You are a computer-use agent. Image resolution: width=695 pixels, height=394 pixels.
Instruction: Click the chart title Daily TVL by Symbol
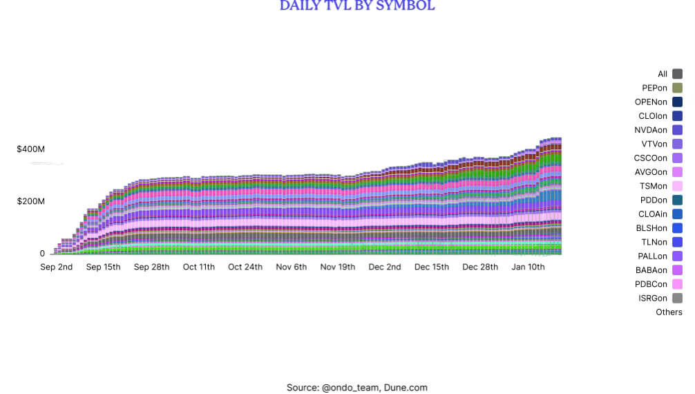[x=357, y=6]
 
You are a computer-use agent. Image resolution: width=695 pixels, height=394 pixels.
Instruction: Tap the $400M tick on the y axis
[x=31, y=149]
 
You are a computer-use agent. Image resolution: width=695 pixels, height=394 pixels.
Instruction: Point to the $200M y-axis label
[x=31, y=202]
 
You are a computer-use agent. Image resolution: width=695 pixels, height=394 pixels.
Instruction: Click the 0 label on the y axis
[x=42, y=254]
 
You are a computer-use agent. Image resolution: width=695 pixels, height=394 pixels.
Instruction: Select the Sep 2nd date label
[x=57, y=267]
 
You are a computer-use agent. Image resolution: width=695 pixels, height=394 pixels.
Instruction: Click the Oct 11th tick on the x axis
[x=198, y=267]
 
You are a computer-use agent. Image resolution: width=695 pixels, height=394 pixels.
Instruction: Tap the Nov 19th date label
[x=338, y=267]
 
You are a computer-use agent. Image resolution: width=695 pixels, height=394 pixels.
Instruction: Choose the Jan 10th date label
[x=529, y=267]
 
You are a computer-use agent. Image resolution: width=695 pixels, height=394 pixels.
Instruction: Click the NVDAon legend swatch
[x=677, y=130]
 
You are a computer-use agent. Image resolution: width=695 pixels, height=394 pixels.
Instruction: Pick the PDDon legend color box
[x=677, y=200]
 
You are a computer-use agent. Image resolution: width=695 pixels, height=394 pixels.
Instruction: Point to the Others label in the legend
[x=669, y=312]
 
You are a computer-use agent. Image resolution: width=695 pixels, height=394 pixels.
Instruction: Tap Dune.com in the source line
[x=406, y=388]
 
